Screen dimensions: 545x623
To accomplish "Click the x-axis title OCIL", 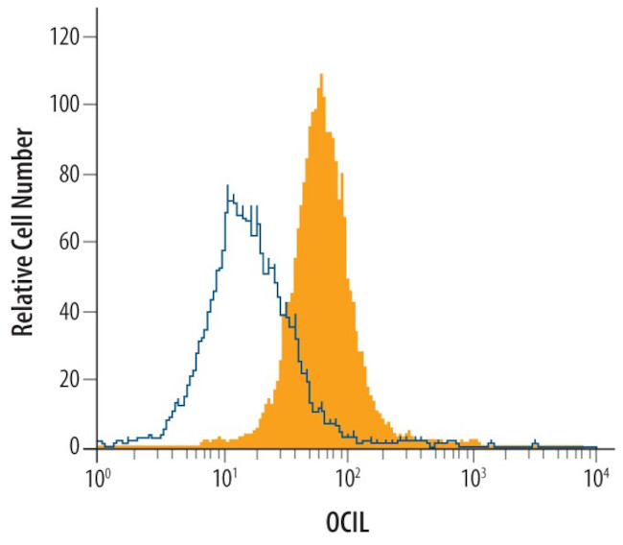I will (347, 525).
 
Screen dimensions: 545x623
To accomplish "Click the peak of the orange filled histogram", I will (321, 75).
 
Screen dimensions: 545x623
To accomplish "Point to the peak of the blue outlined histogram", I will (227, 186).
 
